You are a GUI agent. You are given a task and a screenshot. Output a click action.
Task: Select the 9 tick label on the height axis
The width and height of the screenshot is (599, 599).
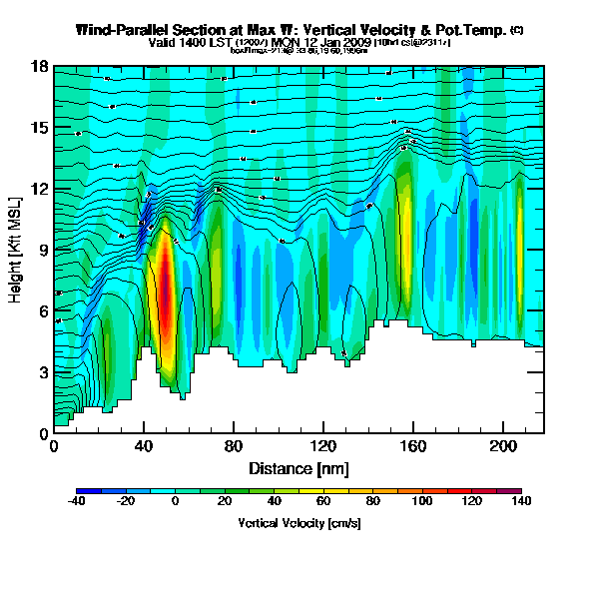tap(43, 251)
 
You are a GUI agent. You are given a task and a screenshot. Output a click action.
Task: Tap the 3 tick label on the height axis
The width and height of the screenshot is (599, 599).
tap(43, 372)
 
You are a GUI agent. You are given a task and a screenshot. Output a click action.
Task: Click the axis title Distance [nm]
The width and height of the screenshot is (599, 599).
tap(299, 468)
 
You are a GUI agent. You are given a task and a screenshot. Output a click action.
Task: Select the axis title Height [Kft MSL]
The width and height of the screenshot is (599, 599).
tap(17, 250)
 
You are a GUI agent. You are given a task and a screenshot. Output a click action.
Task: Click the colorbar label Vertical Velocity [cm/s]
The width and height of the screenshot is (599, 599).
tap(299, 523)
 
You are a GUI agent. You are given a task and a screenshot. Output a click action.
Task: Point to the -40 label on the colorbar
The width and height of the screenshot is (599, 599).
tap(77, 503)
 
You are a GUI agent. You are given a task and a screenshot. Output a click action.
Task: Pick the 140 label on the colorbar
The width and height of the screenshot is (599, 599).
tap(521, 503)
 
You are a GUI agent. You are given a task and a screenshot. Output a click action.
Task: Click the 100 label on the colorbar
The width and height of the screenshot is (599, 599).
tap(423, 503)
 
